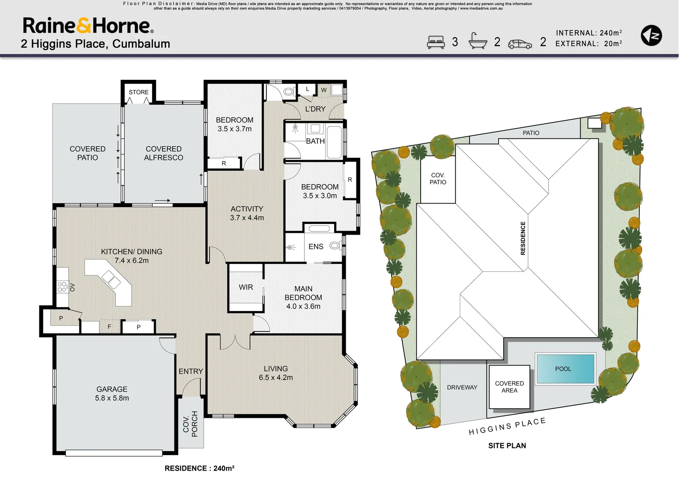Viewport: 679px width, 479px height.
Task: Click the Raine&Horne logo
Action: coord(88,26)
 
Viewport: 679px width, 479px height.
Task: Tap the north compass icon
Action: coord(651,36)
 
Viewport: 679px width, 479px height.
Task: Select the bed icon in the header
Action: coord(436,42)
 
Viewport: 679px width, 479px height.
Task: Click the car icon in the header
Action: coord(520,44)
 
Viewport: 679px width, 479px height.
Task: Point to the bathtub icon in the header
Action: coord(478,41)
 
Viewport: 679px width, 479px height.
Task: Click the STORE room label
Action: coord(138,92)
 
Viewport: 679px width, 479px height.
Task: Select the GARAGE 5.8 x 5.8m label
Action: coord(112,393)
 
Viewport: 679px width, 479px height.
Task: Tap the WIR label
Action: coord(245,287)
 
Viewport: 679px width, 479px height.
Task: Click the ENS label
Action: coord(316,247)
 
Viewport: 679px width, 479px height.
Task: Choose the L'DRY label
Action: coord(315,109)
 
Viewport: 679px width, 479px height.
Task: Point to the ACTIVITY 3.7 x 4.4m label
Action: coord(247,213)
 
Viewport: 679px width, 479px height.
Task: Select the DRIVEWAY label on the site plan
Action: coord(462,387)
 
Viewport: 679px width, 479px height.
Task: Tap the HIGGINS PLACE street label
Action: coord(507,426)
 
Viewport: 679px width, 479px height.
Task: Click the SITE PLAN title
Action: coord(507,446)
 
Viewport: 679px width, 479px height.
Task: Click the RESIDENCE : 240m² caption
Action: coord(199,468)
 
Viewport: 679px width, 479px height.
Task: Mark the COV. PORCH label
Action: coord(190,424)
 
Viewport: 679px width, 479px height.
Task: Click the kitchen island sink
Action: coord(111,280)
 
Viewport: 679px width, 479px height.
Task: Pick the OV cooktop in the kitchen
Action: coord(63,287)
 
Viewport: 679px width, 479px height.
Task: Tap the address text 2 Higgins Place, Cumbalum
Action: coord(95,44)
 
